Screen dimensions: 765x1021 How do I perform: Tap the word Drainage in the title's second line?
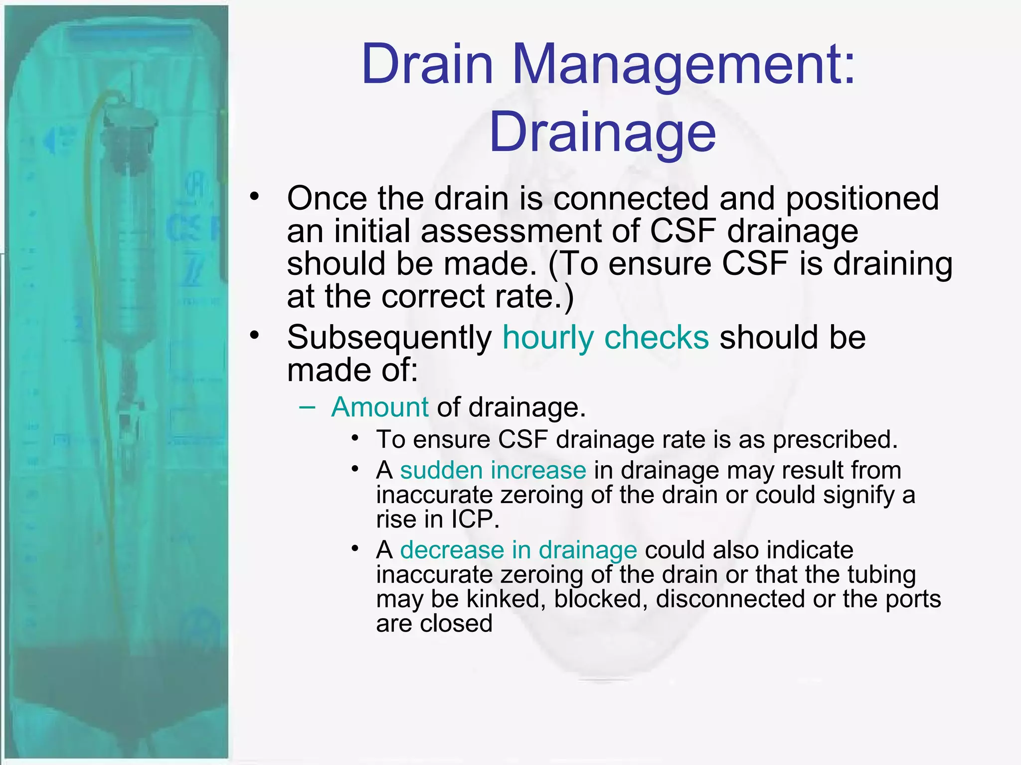[602, 132]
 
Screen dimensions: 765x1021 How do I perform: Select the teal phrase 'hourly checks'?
[605, 338]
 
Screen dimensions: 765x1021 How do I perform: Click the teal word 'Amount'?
[380, 407]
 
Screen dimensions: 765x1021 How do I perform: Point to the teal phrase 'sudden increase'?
[493, 470]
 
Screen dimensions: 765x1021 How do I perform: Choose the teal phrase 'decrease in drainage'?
[518, 550]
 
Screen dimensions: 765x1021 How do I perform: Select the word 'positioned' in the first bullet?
[862, 198]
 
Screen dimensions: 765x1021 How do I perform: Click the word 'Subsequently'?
[389, 338]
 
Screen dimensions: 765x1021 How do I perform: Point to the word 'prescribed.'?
[835, 439]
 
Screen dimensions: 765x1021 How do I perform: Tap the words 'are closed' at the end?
[434, 623]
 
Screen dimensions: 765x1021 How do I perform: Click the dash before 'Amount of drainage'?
[308, 407]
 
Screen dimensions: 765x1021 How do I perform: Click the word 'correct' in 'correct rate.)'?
[433, 296]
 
